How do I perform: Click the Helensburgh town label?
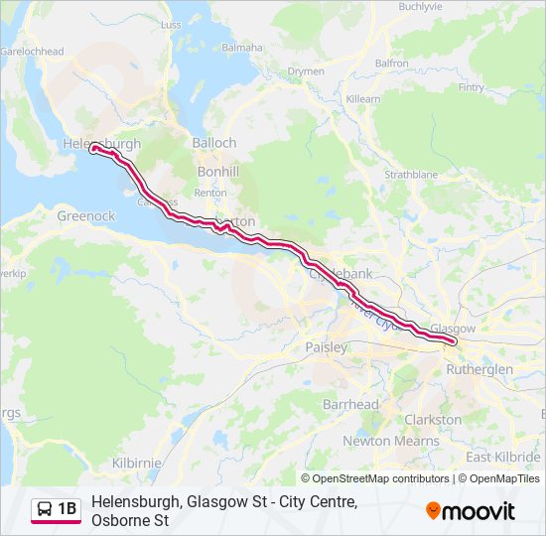coord(101,144)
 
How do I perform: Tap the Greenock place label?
coord(86,215)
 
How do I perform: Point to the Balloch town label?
coord(213,143)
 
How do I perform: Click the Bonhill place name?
coord(217,172)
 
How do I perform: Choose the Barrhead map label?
coord(350,405)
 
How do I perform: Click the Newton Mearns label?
coord(390,441)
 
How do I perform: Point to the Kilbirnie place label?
coord(138,464)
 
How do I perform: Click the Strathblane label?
coord(411,174)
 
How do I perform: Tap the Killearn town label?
coord(362,99)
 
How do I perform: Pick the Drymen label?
coord(306,71)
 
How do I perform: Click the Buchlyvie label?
coord(420,6)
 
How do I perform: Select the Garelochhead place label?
coord(32,52)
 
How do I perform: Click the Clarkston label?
coord(433,420)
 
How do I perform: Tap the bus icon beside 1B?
coord(45,509)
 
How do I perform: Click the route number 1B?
coord(67,509)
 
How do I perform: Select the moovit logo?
coord(471,511)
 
